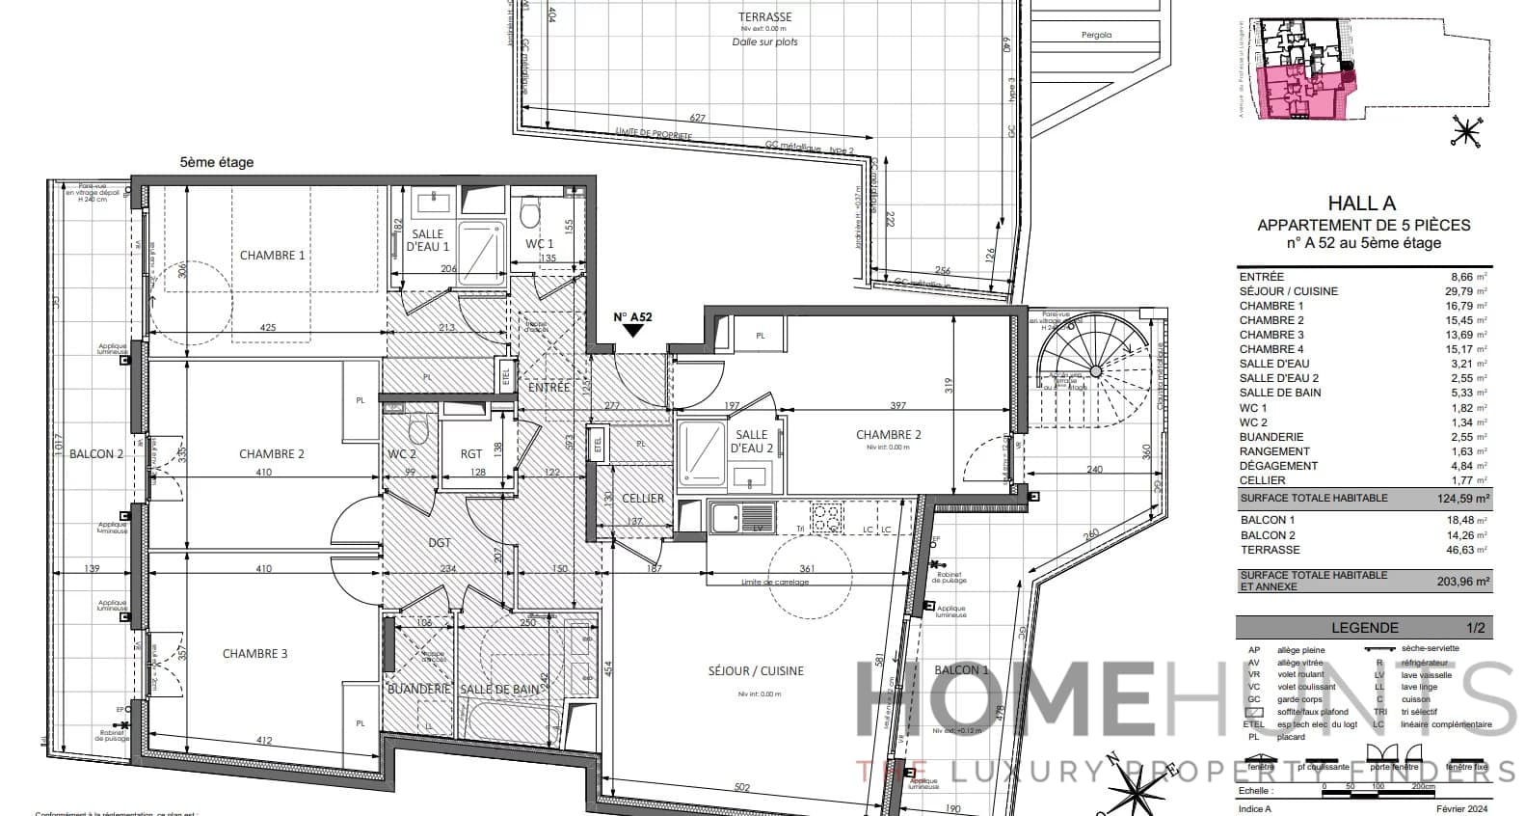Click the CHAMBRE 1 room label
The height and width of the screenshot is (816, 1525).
click(x=272, y=256)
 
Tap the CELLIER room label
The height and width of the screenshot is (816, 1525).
click(x=643, y=499)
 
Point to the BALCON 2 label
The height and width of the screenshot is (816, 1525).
click(x=96, y=454)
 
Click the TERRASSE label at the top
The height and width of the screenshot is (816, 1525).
click(x=764, y=17)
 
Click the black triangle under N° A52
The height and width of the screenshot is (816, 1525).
click(x=633, y=330)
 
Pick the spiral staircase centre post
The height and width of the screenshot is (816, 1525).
click(x=1096, y=370)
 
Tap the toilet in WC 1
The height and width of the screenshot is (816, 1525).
click(x=529, y=212)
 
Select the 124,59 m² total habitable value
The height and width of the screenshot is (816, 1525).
click(x=1458, y=499)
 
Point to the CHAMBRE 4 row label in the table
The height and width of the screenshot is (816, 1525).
click(x=1271, y=349)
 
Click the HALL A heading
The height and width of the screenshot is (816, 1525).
click(x=1361, y=204)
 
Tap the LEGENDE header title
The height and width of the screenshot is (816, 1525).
click(x=1364, y=628)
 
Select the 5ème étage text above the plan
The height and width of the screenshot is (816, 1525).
click(x=217, y=163)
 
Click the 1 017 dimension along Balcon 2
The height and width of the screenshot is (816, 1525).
click(x=58, y=449)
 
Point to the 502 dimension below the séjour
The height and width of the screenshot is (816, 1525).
click(x=741, y=788)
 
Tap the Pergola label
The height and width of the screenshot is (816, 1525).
click(x=1096, y=35)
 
